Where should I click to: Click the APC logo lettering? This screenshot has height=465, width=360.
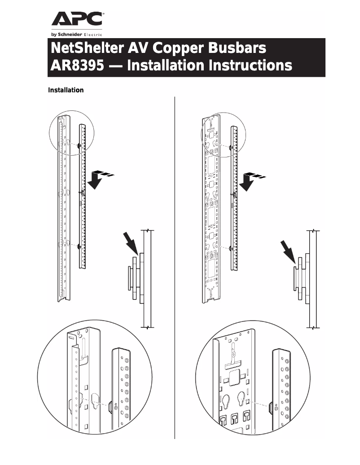point(77,20)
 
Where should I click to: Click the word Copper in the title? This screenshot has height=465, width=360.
point(175,48)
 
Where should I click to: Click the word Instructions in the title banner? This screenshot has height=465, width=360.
point(250,65)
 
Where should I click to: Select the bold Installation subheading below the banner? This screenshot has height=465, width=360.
point(66,90)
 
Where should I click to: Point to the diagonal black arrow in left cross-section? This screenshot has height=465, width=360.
point(131,245)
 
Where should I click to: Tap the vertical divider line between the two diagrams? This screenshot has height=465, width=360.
point(174,269)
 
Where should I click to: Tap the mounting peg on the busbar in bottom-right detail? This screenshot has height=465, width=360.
point(271,408)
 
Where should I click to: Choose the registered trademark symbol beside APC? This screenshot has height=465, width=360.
point(104,14)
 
